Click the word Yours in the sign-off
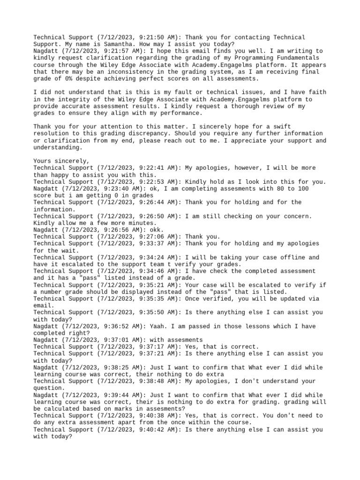pos(43,161)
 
